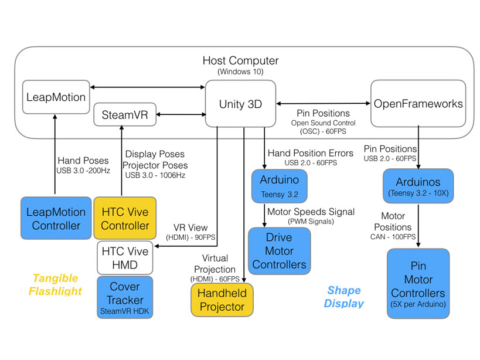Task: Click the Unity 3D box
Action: point(240,104)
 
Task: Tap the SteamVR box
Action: point(125,115)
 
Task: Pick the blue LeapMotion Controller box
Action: point(56,218)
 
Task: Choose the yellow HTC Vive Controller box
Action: point(125,218)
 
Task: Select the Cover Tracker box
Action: point(125,297)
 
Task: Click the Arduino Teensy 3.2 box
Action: point(279,185)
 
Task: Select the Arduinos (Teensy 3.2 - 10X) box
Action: point(418,185)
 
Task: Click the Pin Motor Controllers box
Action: point(418,283)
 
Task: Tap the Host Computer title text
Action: point(240,61)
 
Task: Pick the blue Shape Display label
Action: point(344,297)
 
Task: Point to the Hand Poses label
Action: point(83,161)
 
